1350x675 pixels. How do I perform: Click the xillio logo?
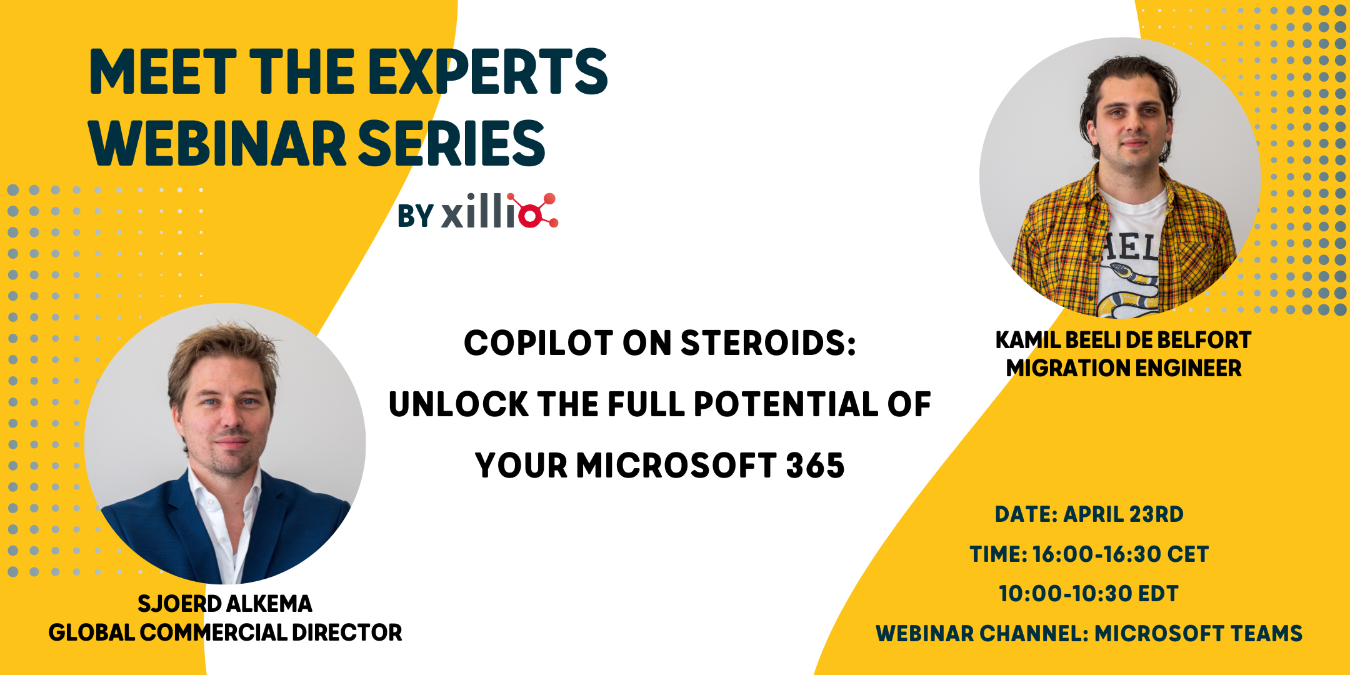499,211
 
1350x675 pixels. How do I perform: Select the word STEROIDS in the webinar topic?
767,343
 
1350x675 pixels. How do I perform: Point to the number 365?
815,466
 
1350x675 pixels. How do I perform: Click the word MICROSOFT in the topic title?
676,466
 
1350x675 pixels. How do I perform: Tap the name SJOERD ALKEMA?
225,604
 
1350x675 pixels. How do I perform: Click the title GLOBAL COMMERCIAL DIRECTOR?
225,632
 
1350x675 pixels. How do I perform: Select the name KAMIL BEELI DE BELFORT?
1123,340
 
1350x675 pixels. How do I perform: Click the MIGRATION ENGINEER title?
1123,368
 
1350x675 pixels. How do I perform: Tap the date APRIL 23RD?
1123,514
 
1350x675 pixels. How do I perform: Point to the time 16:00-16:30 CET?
1120,554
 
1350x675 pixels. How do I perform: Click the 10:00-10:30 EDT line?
1088,594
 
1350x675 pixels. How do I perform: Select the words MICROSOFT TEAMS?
1198,634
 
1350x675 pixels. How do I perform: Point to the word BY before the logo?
415,216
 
